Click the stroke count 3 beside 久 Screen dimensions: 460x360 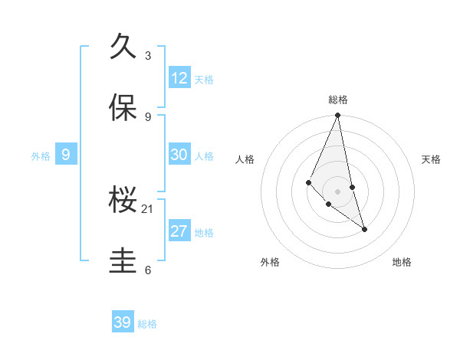point(148,55)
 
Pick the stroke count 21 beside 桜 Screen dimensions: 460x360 point(148,208)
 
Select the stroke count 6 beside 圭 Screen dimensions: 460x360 point(148,270)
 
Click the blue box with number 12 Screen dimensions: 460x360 point(179,78)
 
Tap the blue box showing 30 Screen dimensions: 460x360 point(179,155)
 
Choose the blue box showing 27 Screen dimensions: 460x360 point(179,231)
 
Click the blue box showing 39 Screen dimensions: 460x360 point(123,322)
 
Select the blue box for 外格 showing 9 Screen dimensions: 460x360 point(66,155)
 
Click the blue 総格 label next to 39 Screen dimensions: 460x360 point(147,324)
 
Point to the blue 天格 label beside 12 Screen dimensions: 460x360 point(204,80)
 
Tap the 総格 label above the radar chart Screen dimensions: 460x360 point(338,100)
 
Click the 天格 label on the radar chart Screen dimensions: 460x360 point(432,159)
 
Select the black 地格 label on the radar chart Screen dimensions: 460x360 point(402,262)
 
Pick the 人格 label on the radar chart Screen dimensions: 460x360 point(245,159)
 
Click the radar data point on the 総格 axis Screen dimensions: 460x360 point(337,116)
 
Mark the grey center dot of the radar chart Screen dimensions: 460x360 point(337,191)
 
